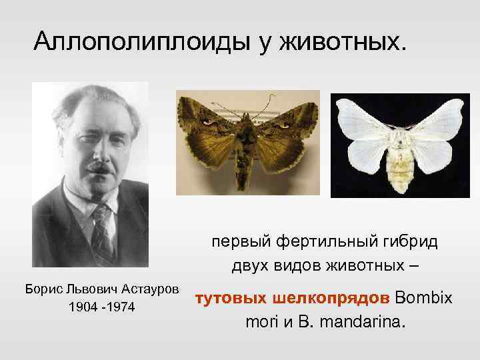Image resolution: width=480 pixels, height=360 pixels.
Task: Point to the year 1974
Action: pos(119,309)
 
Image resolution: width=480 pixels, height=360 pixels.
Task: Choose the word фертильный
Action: pos(323,241)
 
